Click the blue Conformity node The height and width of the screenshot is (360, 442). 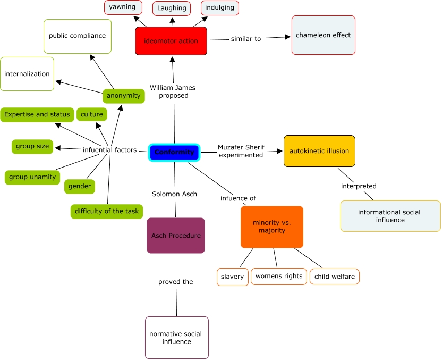pyautogui.click(x=174, y=152)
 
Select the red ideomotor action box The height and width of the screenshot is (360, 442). pyautogui.click(x=171, y=41)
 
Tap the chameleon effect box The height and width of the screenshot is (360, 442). pyautogui.click(x=323, y=35)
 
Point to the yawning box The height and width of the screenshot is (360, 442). pyautogui.click(x=123, y=7)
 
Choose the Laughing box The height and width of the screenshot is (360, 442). pyautogui.click(x=172, y=8)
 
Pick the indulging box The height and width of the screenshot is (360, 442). pyautogui.click(x=219, y=7)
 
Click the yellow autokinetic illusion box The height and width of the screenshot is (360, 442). pyautogui.click(x=319, y=151)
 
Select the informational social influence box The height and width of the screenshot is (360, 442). pyautogui.click(x=390, y=216)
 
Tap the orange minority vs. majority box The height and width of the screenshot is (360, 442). pyautogui.click(x=271, y=227)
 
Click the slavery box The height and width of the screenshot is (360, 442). pyautogui.click(x=233, y=277)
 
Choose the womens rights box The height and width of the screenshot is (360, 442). pyautogui.click(x=278, y=276)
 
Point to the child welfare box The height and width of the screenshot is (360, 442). pyautogui.click(x=334, y=277)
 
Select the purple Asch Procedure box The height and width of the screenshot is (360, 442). pyautogui.click(x=175, y=235)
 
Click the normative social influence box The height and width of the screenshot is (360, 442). pyautogui.click(x=176, y=338)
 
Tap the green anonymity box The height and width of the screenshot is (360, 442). pyautogui.click(x=123, y=96)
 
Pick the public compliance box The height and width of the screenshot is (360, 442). pyautogui.click(x=78, y=36)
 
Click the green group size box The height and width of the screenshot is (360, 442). pyautogui.click(x=32, y=146)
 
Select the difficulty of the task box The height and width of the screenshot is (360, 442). pyautogui.click(x=106, y=211)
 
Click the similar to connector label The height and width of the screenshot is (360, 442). pyautogui.click(x=246, y=39)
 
